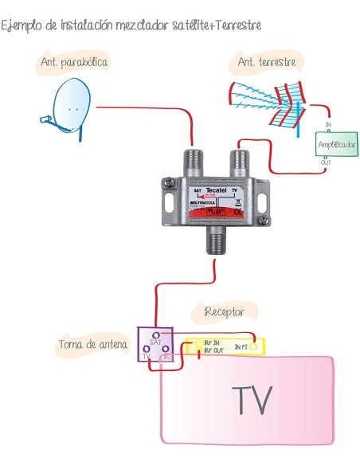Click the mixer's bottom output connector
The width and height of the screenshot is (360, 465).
tap(215, 240)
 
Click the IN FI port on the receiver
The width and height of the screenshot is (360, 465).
tap(253, 347)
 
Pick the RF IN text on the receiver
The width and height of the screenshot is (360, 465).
tap(213, 342)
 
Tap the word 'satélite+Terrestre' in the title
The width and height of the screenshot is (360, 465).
tap(214, 26)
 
